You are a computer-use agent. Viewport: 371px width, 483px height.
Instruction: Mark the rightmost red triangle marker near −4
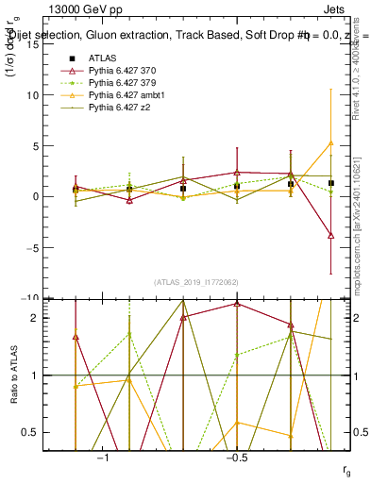click(x=331, y=235)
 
